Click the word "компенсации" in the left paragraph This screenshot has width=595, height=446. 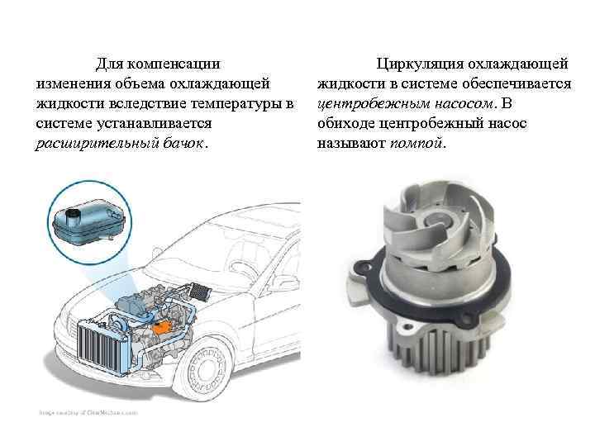pos(174,64)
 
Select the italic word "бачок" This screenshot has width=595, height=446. pos(183,144)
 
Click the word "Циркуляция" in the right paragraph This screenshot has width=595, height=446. pos(420,64)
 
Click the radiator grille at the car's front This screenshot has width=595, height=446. pos(102,348)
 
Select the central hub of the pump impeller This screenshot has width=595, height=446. pos(437,219)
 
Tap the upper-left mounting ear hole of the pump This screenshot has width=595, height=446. pos(361,265)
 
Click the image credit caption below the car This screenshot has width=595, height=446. pos(88,413)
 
